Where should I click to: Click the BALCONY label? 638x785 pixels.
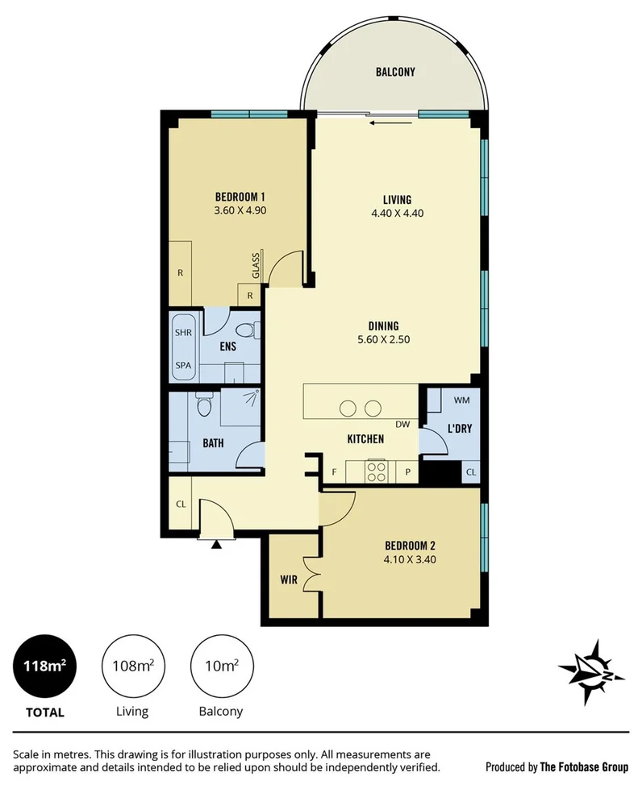tap(395, 72)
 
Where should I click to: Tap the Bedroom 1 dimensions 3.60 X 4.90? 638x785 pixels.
tap(240, 211)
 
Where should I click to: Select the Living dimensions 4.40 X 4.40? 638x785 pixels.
tap(397, 214)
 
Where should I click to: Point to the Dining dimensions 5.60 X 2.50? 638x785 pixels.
tap(384, 339)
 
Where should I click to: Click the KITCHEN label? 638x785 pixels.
tap(365, 439)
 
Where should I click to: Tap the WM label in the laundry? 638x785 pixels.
tap(461, 400)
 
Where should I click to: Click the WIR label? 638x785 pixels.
tap(290, 579)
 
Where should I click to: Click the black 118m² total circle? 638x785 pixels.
tap(44, 667)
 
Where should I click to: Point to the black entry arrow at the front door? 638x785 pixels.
tap(216, 545)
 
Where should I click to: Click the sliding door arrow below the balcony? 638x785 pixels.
tap(385, 123)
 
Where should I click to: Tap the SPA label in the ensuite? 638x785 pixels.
tap(183, 365)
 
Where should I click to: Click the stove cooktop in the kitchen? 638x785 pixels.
tap(377, 470)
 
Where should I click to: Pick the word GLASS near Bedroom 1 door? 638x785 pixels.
tap(255, 265)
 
